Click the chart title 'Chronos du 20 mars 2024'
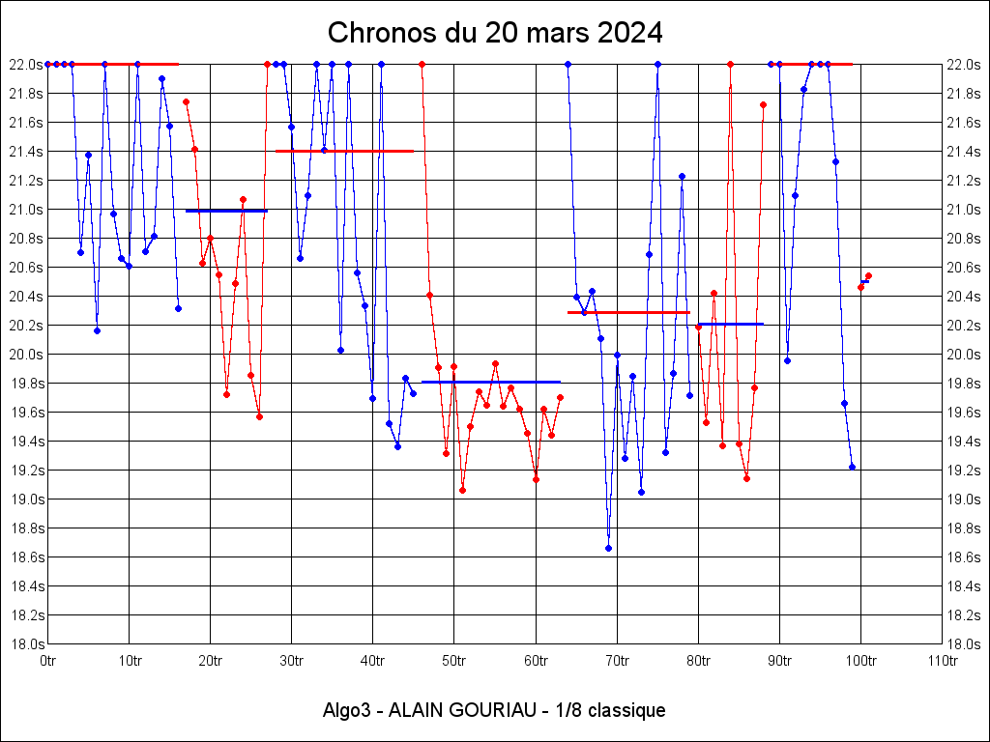pyautogui.click(x=495, y=33)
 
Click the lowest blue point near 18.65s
pyautogui.click(x=609, y=549)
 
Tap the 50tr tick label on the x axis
pyautogui.click(x=454, y=661)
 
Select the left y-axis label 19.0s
pyautogui.click(x=27, y=499)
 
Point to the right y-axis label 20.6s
pyautogui.click(x=963, y=268)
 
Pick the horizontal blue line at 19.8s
pyautogui.click(x=491, y=382)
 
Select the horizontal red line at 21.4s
pyautogui.click(x=345, y=152)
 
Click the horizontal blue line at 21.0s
pyautogui.click(x=226, y=211)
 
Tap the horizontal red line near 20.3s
pyautogui.click(x=628, y=312)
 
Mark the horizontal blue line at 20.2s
pyautogui.click(x=731, y=324)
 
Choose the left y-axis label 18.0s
pyautogui.click(x=27, y=644)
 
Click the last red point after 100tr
pyautogui.click(x=869, y=275)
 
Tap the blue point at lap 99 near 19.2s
pyautogui.click(x=853, y=467)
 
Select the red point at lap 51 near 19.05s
pyautogui.click(x=463, y=490)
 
